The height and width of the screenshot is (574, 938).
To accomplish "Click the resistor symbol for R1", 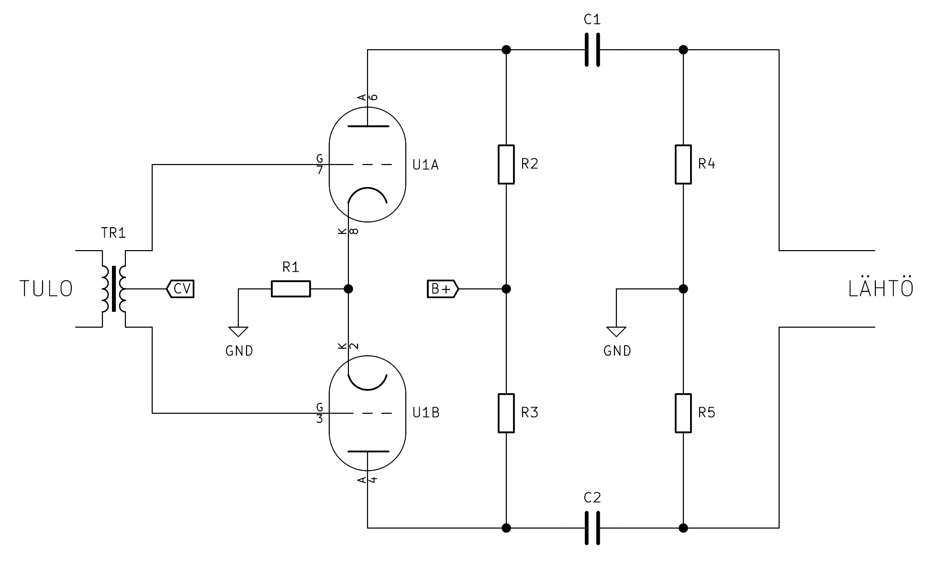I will [x=290, y=289].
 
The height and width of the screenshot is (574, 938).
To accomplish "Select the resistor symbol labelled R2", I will [x=506, y=165].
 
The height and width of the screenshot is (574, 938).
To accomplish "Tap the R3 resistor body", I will [x=506, y=413].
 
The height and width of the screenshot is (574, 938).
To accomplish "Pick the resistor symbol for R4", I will [x=683, y=165].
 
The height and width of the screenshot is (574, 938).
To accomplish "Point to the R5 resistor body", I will [x=683, y=413].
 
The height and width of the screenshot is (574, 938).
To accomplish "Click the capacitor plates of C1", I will [x=592, y=50].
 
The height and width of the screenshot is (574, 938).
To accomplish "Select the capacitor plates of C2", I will [x=592, y=528].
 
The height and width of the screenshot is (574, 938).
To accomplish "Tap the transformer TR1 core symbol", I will [x=114, y=289].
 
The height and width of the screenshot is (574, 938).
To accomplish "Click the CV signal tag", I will [x=180, y=289].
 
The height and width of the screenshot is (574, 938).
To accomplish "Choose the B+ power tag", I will [x=442, y=289].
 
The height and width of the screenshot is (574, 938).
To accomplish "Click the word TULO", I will [x=46, y=289].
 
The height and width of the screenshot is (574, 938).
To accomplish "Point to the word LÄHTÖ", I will [x=881, y=288].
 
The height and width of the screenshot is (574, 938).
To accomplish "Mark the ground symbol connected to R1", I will [x=238, y=331].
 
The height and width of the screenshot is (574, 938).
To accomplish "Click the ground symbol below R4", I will [x=616, y=331].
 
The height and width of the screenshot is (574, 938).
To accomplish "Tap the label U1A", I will [x=425, y=165].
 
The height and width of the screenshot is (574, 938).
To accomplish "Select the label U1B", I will [x=426, y=412].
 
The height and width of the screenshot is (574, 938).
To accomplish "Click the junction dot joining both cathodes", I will [x=348, y=289].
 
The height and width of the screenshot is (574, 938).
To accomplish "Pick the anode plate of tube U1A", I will [x=368, y=126].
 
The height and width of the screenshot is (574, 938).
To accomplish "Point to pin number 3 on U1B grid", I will [x=319, y=419].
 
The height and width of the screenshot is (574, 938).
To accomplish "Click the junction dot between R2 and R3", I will [x=506, y=289].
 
